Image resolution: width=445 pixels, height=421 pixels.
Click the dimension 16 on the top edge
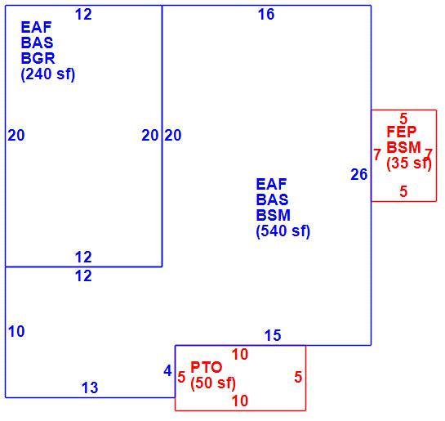click(x=266, y=14)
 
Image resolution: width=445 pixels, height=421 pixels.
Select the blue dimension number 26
click(x=359, y=174)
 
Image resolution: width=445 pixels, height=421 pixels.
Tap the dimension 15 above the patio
click(x=273, y=335)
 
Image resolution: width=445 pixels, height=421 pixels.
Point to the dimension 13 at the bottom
click(x=90, y=387)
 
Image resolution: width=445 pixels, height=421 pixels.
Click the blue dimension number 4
click(x=167, y=370)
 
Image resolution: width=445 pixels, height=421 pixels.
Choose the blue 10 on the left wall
click(x=16, y=332)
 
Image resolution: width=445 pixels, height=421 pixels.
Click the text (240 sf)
click(x=48, y=74)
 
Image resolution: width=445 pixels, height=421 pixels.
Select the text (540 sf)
click(x=283, y=231)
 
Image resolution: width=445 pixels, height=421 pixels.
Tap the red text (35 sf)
click(x=409, y=163)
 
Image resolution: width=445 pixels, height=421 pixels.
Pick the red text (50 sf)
click(x=213, y=383)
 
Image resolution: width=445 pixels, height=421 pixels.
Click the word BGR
click(x=38, y=58)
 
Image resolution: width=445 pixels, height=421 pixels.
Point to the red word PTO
click(x=207, y=367)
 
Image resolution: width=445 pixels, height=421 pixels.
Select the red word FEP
click(x=402, y=132)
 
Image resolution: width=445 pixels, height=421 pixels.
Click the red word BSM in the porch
click(x=403, y=147)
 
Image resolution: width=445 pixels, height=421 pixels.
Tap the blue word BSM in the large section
click(x=274, y=215)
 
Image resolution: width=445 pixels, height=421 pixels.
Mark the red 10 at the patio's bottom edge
click(x=240, y=401)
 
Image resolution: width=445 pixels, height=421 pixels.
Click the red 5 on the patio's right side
click(x=298, y=377)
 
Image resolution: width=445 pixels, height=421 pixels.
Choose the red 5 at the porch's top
click(x=403, y=119)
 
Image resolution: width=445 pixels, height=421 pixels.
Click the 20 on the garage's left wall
click(x=16, y=135)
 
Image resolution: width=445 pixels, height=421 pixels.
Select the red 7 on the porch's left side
click(x=377, y=155)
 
